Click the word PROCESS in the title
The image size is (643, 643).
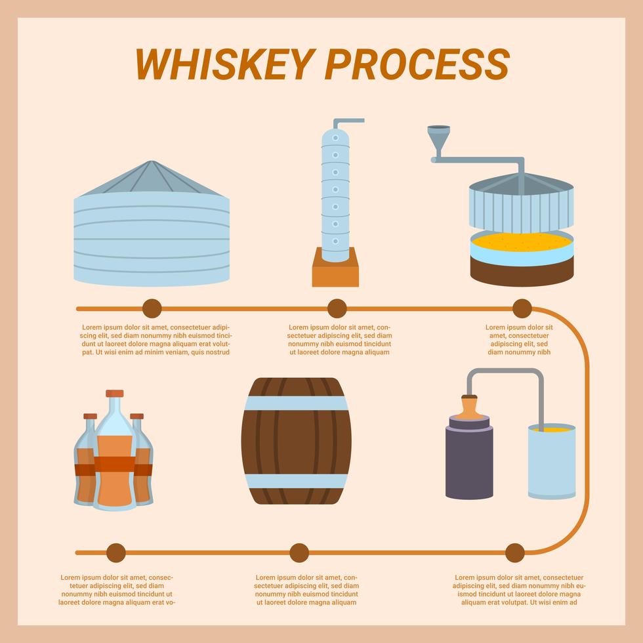pos(417,64)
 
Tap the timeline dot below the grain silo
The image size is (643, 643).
pos(152,308)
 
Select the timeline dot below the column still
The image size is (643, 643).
pos(337,308)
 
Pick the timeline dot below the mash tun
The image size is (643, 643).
pos(522,308)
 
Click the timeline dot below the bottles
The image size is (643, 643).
pos(115,553)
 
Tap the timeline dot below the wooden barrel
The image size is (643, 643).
pos(299,553)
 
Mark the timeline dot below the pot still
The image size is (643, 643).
pos(515,553)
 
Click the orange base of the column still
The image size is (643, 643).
pos(335,272)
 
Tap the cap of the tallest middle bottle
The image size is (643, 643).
pos(115,394)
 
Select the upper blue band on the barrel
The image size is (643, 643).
pos(296,403)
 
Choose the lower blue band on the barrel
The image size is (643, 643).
pos(296,480)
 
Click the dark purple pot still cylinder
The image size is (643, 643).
pos(469,463)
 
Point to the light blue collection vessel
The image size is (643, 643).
pos(552,463)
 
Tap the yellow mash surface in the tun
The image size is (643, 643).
pos(522,241)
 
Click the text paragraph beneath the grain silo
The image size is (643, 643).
pos(156,339)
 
